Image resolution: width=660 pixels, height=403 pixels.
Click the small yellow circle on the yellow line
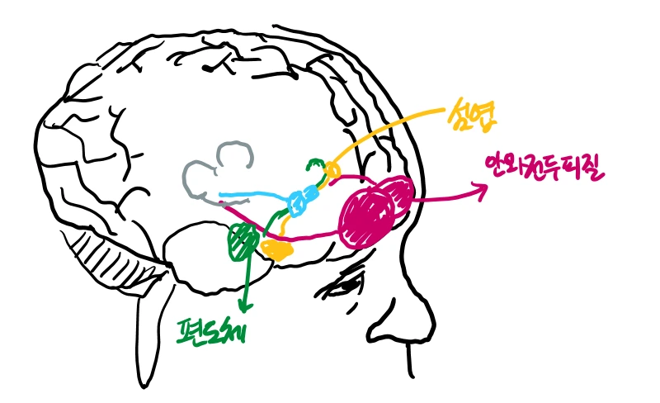332,170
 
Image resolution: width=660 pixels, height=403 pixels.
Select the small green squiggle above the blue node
314,167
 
